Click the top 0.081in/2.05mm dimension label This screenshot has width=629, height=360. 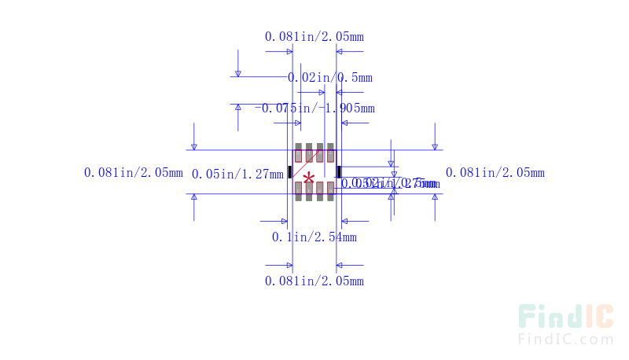314,36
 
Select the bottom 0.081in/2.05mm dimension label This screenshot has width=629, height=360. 314,281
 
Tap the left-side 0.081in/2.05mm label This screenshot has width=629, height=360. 133,172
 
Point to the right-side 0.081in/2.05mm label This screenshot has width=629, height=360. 495,172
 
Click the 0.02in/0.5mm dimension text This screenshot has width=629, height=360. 329,77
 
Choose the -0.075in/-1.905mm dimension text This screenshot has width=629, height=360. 314,108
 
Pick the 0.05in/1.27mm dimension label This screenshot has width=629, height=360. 237,174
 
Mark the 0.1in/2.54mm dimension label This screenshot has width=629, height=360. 314,237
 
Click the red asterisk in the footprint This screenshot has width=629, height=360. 309,178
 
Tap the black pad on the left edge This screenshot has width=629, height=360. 289,171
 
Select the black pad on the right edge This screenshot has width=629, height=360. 339,171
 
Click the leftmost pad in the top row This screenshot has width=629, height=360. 299,152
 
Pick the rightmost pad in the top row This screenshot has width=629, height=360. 330,152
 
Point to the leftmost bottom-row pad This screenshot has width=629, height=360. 299,191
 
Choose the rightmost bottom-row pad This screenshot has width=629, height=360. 330,191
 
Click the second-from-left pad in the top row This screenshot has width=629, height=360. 309,152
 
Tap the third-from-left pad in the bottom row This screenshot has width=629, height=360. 320,191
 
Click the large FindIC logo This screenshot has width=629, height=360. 565,316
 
